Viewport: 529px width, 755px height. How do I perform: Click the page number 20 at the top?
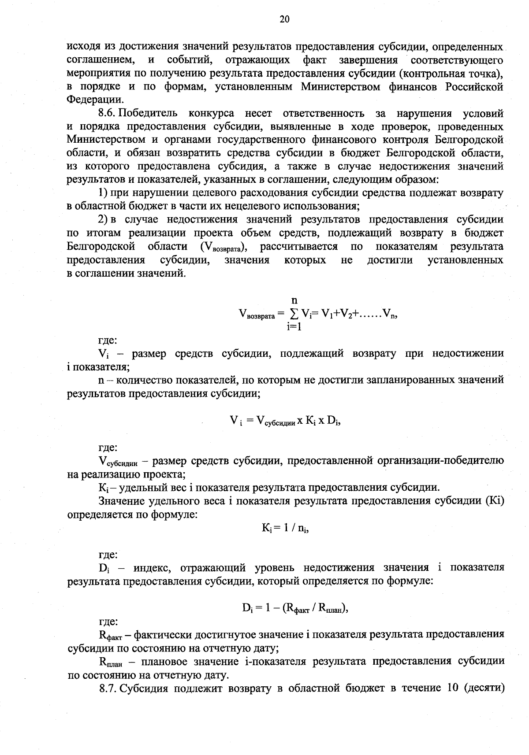(284, 19)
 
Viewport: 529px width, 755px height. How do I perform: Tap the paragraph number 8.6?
(108, 114)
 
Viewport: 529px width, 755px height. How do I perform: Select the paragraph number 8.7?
(108, 688)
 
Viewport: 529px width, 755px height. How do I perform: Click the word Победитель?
(149, 114)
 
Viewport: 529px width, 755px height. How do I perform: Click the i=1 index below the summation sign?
(294, 326)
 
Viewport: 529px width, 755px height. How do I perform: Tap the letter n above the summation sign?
(294, 301)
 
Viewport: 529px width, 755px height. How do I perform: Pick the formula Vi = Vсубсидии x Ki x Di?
(286, 421)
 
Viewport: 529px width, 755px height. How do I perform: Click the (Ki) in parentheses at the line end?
(494, 501)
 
